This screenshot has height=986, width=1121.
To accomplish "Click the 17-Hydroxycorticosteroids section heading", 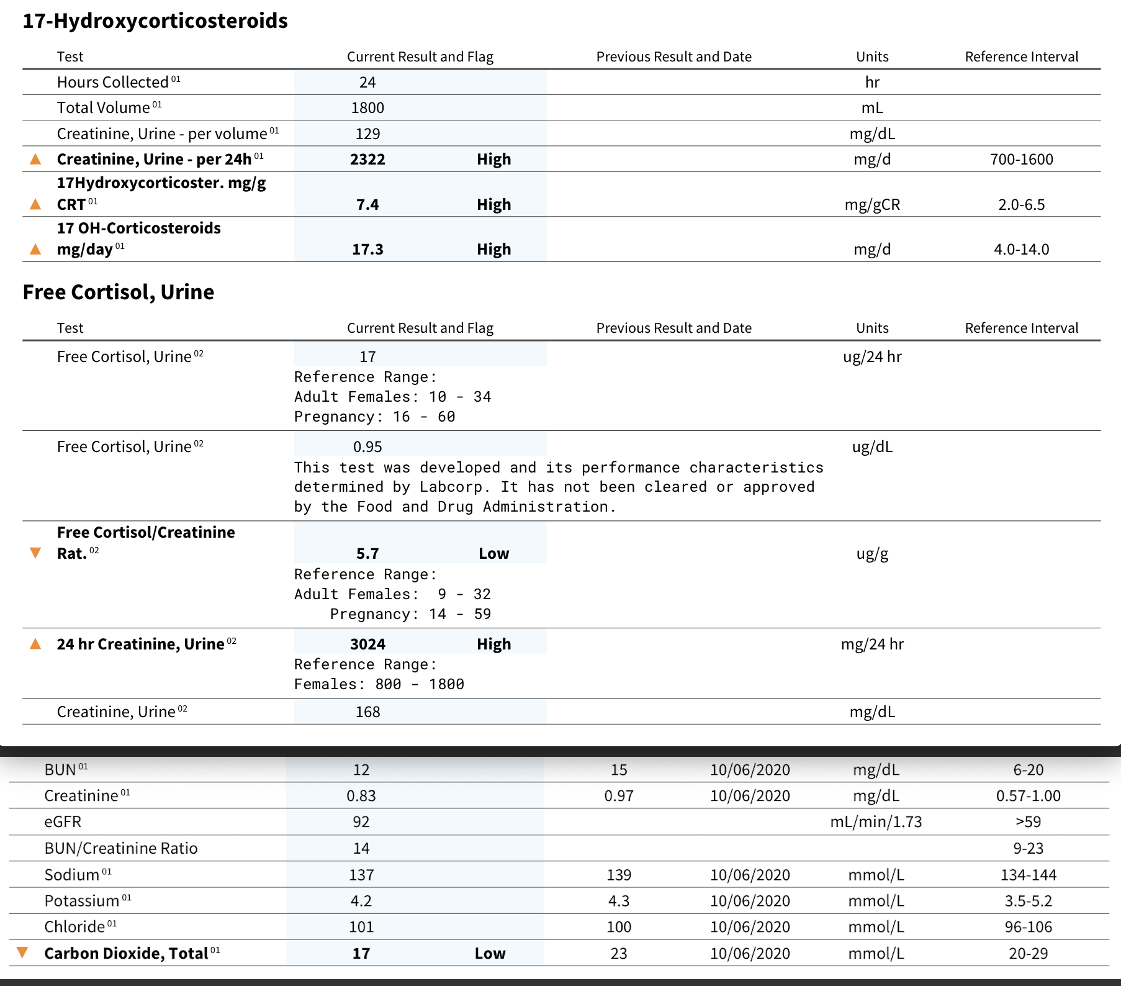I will [x=155, y=21].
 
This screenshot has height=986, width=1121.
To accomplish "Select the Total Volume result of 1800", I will [x=367, y=108].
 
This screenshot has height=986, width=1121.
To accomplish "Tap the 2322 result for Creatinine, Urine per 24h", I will [x=367, y=160].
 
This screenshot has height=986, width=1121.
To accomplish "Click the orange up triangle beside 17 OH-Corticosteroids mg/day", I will [x=35, y=250].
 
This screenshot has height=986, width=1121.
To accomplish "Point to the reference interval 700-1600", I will [x=1021, y=160].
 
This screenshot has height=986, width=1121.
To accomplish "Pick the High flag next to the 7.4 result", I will [x=493, y=205].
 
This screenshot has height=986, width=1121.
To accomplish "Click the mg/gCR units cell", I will [x=872, y=205].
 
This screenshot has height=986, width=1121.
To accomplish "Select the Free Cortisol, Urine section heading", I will [x=119, y=292].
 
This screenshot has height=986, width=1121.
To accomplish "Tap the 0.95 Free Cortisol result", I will [x=367, y=447].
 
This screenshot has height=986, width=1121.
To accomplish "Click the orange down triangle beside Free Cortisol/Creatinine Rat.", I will [x=35, y=553].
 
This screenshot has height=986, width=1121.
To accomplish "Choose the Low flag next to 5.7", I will [x=493, y=554].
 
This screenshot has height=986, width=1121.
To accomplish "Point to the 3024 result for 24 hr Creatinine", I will [x=367, y=645].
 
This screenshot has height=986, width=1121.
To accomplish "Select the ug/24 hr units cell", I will [x=872, y=357].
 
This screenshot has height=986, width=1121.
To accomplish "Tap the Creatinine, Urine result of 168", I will [x=367, y=712].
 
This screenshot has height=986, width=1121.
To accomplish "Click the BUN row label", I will [x=61, y=770].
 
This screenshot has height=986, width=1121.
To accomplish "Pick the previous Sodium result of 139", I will [x=618, y=875].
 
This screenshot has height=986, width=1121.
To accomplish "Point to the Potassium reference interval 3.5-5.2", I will [x=1028, y=901].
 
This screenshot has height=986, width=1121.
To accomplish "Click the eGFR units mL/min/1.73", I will [x=876, y=822].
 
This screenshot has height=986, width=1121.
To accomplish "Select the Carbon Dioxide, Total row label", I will [x=127, y=954].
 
